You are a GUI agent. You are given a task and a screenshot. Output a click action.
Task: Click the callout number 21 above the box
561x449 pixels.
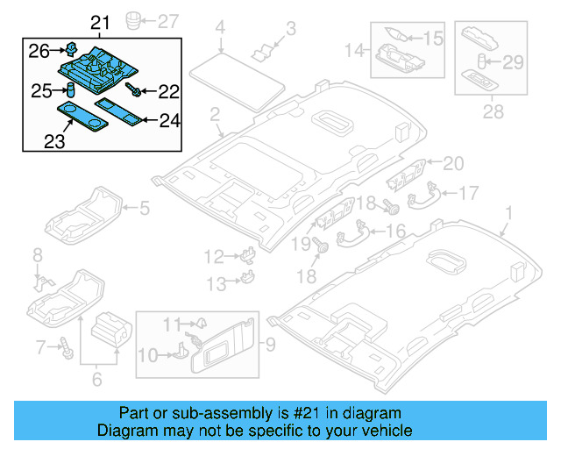(x=101, y=22)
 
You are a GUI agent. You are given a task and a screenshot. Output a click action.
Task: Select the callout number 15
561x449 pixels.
(x=434, y=38)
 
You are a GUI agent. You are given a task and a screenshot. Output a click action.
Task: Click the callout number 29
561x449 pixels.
(x=513, y=61)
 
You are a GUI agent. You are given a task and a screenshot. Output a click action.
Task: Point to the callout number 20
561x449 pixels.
(x=452, y=162)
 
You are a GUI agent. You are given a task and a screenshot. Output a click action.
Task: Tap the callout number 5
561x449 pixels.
(x=146, y=208)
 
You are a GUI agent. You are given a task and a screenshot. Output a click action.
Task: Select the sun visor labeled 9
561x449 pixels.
(x=226, y=343)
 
